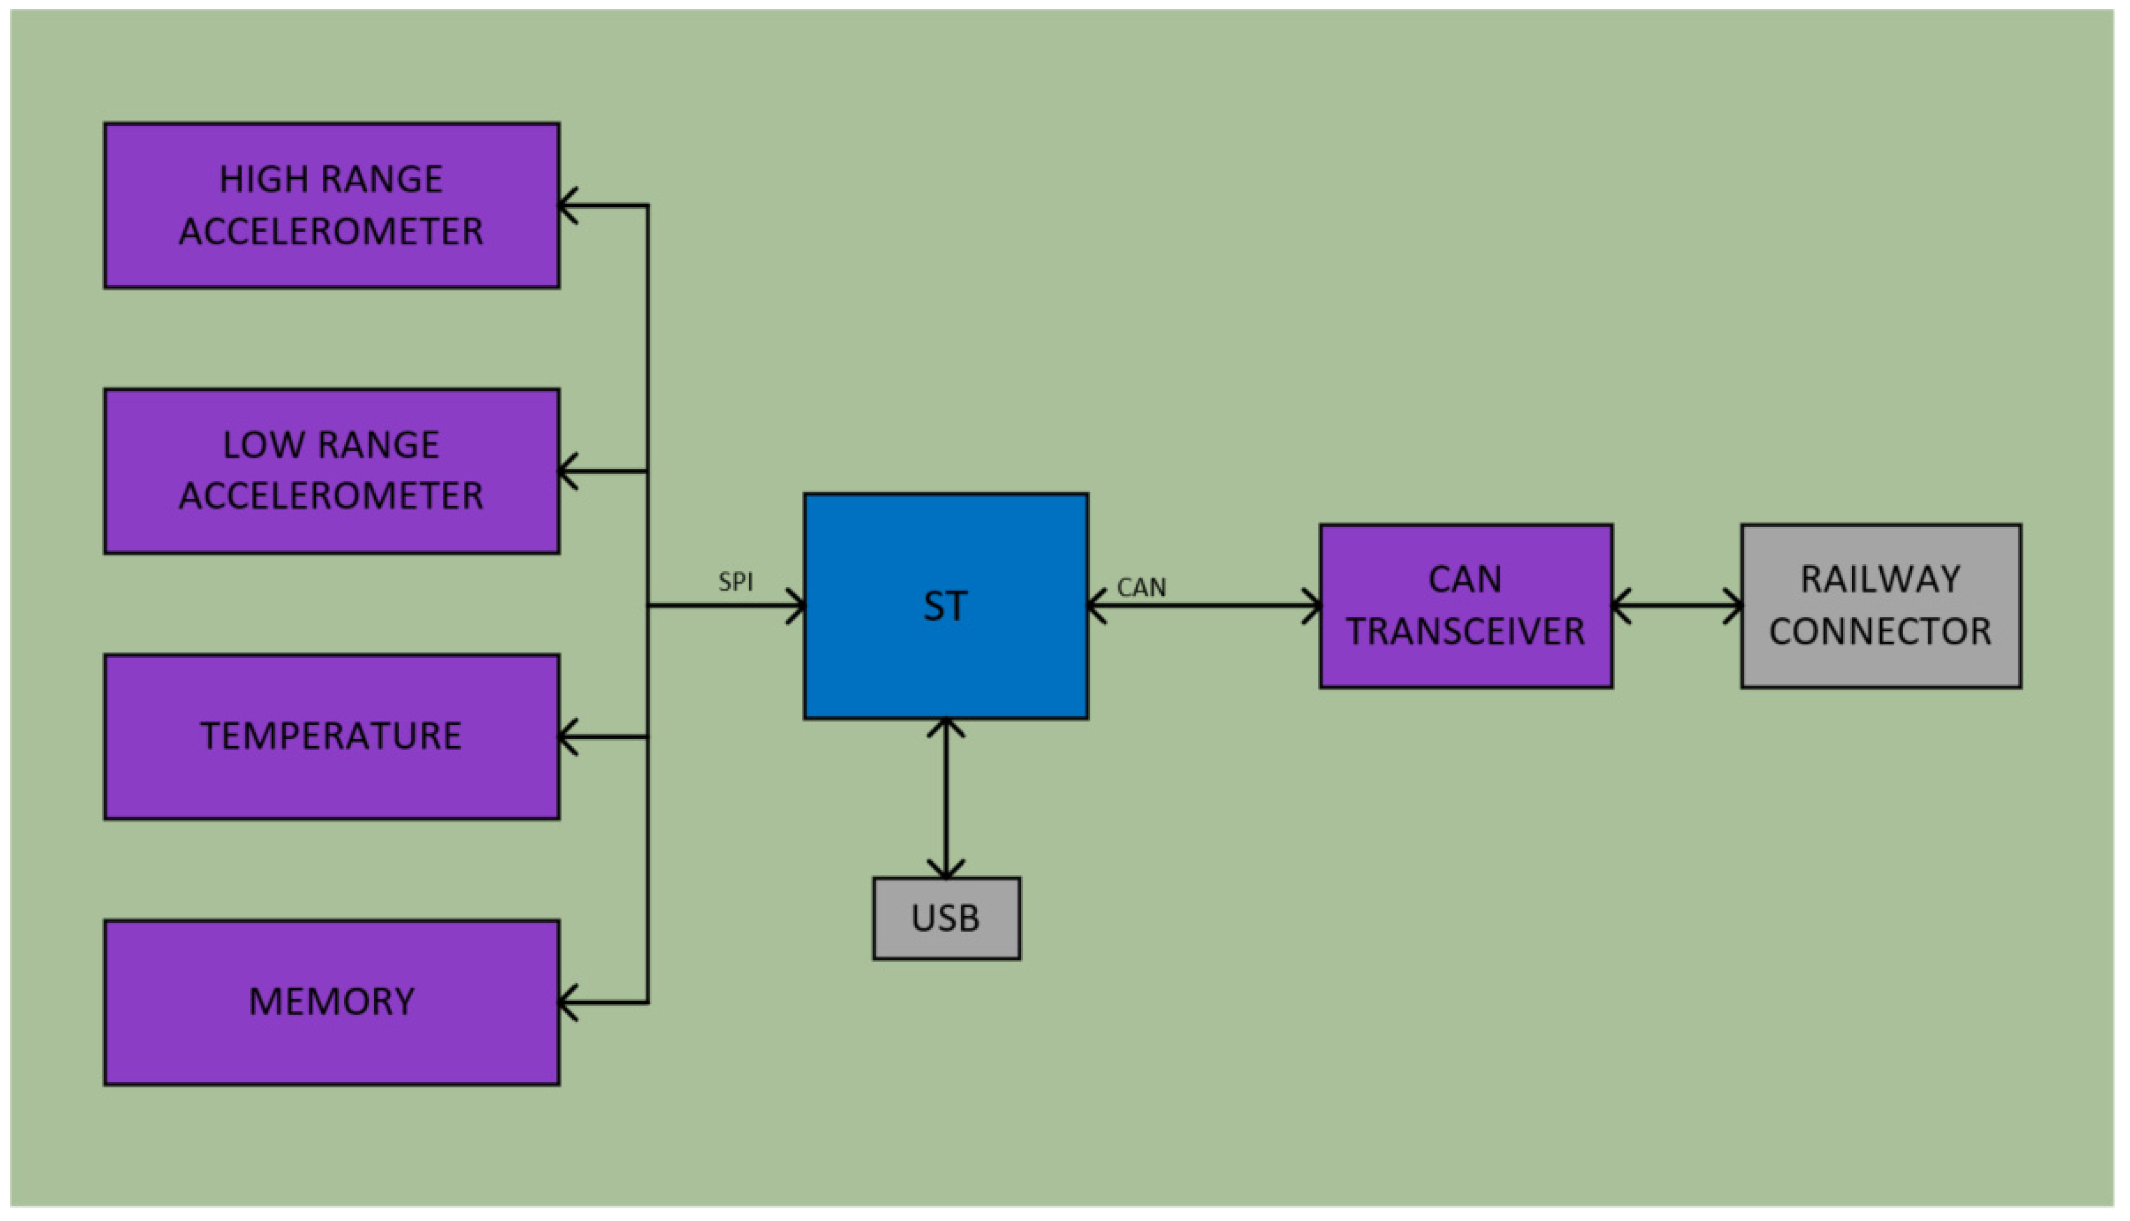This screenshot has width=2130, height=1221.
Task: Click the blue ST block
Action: tap(945, 606)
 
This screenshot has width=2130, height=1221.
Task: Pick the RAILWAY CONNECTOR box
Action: tap(1880, 606)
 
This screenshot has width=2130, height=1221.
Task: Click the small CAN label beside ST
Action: tap(1141, 588)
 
